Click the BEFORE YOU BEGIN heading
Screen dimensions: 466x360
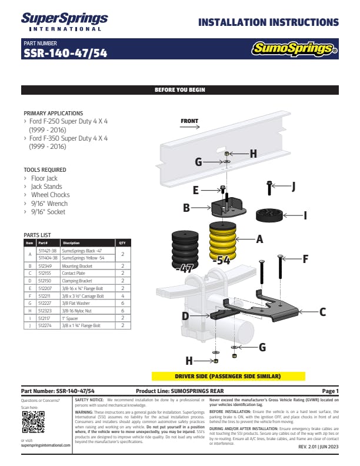pos(179,90)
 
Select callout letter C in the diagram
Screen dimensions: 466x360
pos(322,313)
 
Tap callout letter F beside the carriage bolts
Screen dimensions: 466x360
pos(306,258)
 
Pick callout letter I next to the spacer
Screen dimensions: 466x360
pos(305,216)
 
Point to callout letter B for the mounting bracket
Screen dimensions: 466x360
pos(186,208)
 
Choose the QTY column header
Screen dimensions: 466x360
pos(122,242)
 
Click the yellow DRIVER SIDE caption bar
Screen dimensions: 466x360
pos(215,376)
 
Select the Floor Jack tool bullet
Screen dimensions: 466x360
pos(44,178)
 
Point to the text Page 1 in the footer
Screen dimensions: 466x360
pos(330,391)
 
